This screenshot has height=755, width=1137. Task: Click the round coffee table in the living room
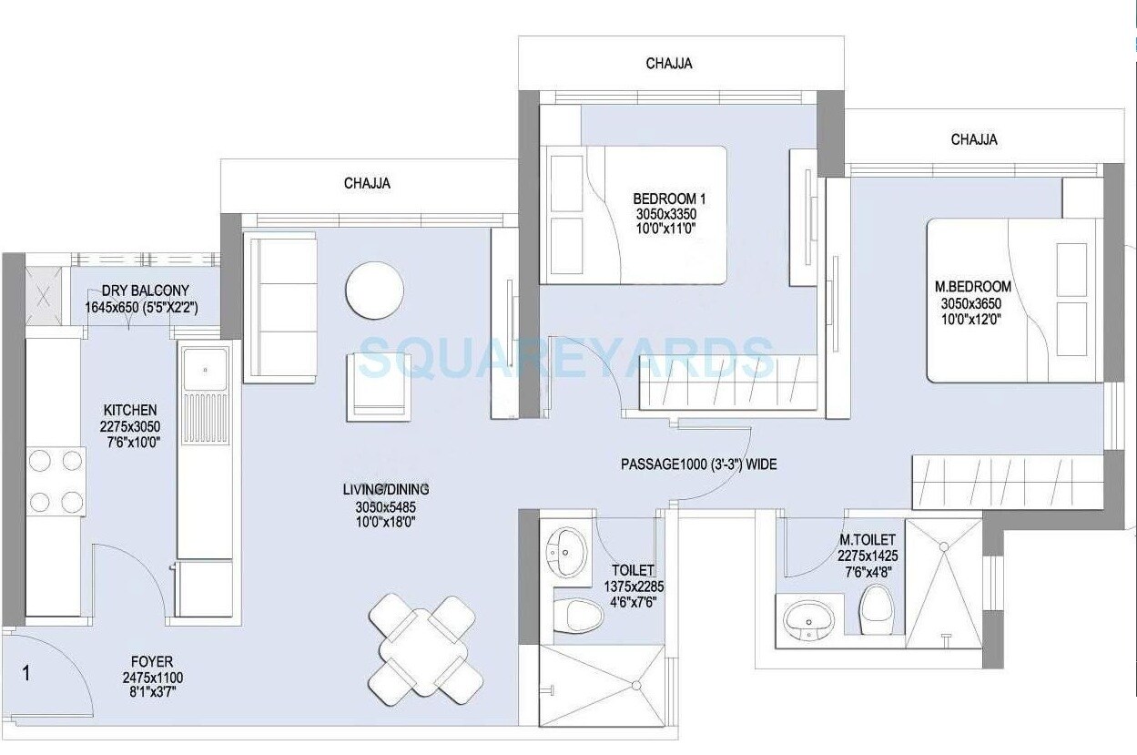[x=374, y=291]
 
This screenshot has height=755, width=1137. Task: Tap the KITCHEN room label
[x=129, y=411]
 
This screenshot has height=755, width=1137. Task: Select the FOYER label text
[x=151, y=661]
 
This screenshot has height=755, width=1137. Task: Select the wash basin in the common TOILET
[x=567, y=549]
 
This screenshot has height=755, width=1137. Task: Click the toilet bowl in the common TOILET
[x=583, y=616]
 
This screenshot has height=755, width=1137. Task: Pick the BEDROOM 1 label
[x=669, y=199]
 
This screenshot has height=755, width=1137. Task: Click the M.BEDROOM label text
[x=976, y=287]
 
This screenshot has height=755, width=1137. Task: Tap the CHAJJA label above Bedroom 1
[x=669, y=64]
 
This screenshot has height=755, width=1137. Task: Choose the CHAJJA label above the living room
[x=367, y=183]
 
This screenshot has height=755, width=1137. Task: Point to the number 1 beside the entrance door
[x=26, y=674]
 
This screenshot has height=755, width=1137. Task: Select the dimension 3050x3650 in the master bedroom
[x=976, y=302]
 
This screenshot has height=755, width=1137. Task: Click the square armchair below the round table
[x=378, y=383]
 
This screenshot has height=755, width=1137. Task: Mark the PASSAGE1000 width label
[x=698, y=464]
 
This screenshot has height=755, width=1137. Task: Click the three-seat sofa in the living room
[x=280, y=307]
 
